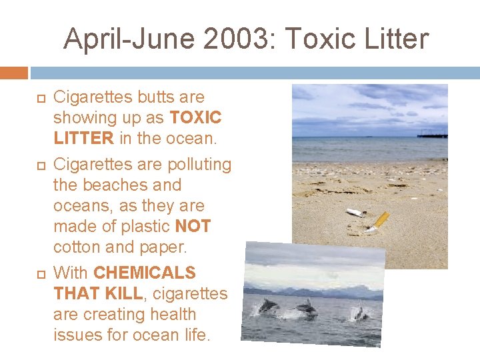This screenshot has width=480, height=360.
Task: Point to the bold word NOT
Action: [x=193, y=226]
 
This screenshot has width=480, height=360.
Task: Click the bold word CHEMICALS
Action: [x=145, y=272]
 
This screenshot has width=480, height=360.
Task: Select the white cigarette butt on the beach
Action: [x=355, y=213]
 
